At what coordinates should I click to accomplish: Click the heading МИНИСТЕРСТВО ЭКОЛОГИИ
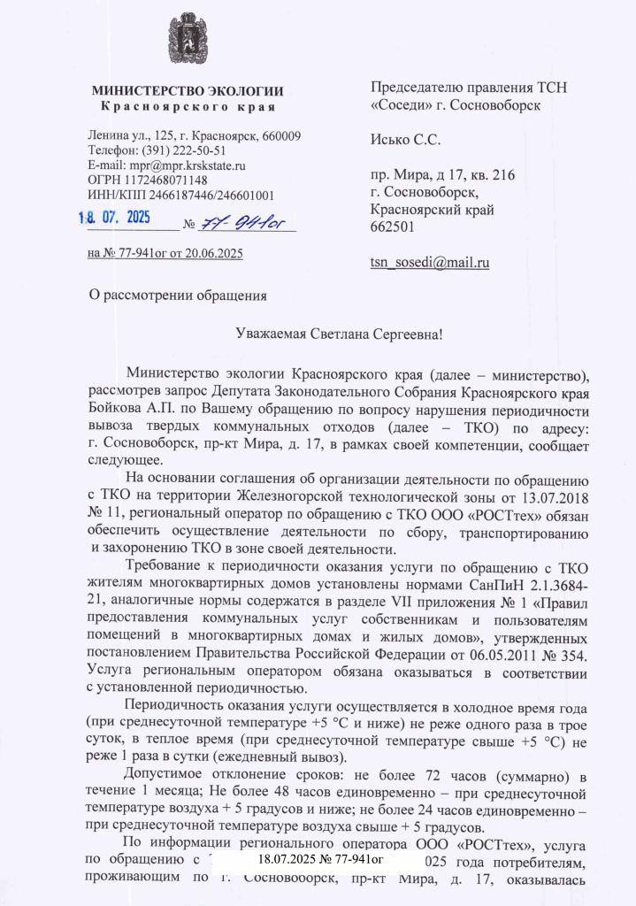click(188, 91)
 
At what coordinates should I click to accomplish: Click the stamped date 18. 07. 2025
click(115, 217)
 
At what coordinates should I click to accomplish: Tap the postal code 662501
click(389, 226)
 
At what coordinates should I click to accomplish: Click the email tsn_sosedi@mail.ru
click(430, 262)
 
